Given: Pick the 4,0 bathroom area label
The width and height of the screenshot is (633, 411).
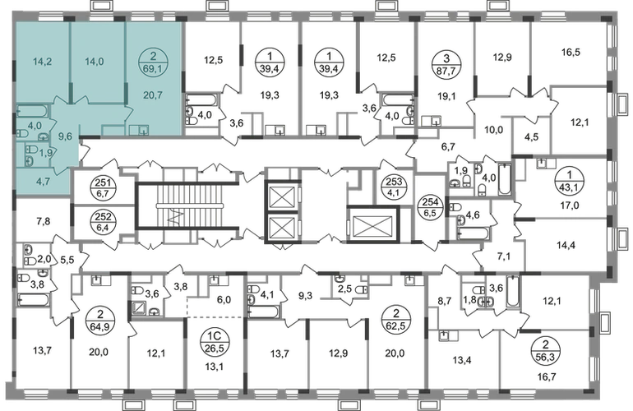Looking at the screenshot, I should (x=34, y=126).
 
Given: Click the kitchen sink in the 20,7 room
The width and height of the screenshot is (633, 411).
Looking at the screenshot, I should (x=143, y=130).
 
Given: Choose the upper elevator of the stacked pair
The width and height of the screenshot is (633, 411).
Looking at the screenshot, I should (x=282, y=197).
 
